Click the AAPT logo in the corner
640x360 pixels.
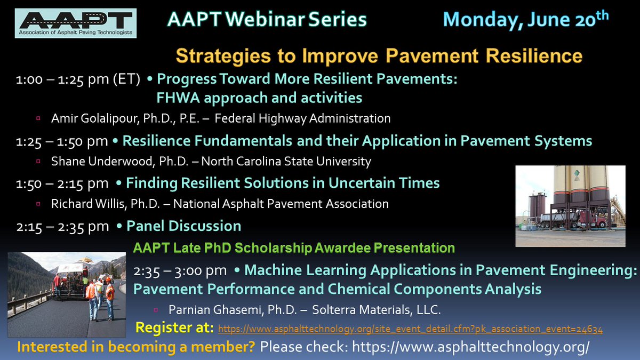tap(76, 23)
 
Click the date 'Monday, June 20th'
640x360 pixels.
tap(525, 19)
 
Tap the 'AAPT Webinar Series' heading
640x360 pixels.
tap(267, 20)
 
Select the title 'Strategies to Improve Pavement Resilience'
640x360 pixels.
tap(379, 55)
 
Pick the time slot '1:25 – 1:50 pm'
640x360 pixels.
tap(62, 141)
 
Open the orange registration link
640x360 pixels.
tap(411, 330)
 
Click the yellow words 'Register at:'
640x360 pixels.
tap(175, 327)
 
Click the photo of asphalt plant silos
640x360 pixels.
tap(570, 206)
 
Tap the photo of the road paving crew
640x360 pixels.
tap(67, 295)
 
